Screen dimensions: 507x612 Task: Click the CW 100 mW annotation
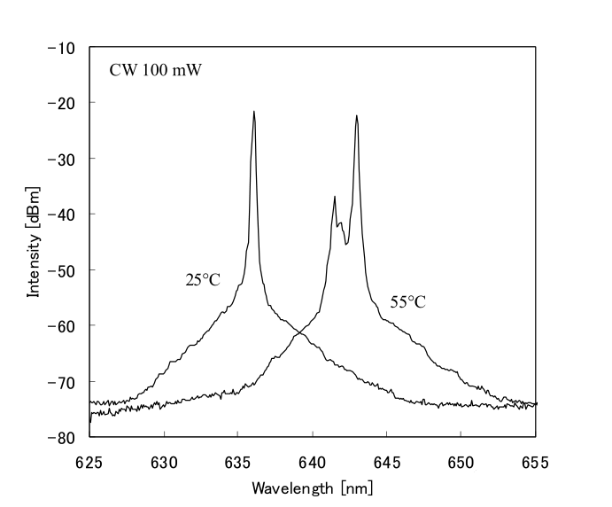[x=156, y=69]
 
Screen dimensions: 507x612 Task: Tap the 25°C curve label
[x=203, y=281]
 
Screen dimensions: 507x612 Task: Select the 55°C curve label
[x=408, y=302]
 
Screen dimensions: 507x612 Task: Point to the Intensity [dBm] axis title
[x=34, y=241]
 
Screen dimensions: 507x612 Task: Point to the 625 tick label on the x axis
[x=90, y=461]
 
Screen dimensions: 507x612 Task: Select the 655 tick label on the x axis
[x=536, y=461]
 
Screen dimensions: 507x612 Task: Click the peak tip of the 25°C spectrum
[x=254, y=112]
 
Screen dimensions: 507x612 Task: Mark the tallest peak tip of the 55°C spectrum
[x=357, y=115]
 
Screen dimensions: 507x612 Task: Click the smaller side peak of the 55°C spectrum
[x=335, y=197]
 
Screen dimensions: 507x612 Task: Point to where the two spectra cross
[x=300, y=332]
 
